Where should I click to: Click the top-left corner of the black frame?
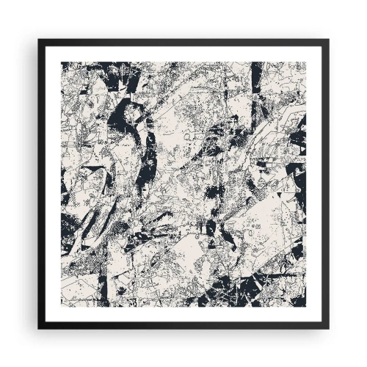[39, 40]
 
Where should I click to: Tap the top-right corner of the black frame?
[328, 40]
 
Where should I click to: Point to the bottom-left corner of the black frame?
[39, 328]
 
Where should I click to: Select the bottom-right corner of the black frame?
[328, 328]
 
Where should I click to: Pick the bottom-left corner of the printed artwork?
[62, 305]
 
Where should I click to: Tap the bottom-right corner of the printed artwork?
[305, 305]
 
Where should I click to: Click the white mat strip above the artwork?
[183, 53]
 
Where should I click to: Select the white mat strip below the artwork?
[183, 315]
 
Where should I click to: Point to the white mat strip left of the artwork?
[52, 183]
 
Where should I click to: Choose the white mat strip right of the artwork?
[315, 183]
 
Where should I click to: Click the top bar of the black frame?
[183, 42]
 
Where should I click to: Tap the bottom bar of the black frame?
[183, 326]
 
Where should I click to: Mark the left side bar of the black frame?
[41, 183]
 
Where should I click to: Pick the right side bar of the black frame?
[326, 183]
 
